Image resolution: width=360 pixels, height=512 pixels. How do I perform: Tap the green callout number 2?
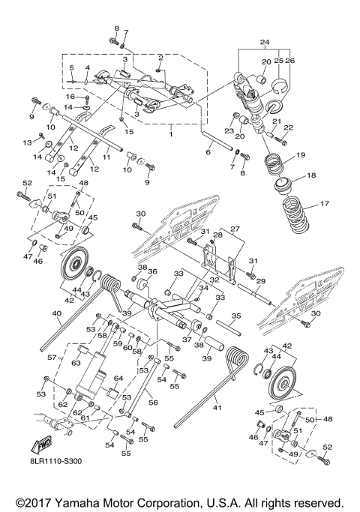(160, 57)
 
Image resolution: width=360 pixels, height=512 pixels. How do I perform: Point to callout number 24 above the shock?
(264, 42)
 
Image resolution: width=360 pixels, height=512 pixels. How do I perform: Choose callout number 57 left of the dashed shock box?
(52, 358)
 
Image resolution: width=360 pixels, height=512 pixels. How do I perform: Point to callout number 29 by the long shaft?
(262, 279)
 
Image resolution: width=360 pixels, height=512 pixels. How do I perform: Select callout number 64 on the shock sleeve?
(118, 379)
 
